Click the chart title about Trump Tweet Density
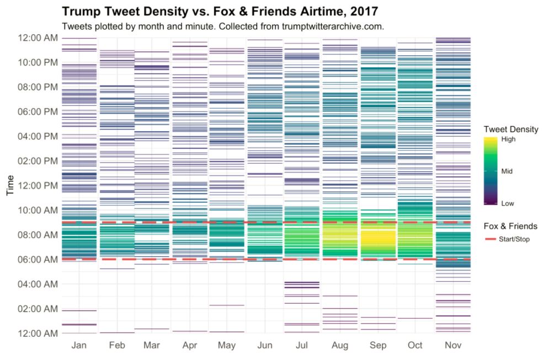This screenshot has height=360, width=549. pos(220,11)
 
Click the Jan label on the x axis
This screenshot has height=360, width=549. pos(79,346)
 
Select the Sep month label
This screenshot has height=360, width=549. pos(378,346)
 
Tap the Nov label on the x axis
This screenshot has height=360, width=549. pos(453,346)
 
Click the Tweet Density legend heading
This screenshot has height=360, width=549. pos(510,128)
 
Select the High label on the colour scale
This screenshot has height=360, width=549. pos(508,139)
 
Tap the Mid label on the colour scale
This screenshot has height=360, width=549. pos(507,171)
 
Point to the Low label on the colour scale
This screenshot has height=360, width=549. pos(507,203)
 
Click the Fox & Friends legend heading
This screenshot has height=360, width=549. pos(510,226)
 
